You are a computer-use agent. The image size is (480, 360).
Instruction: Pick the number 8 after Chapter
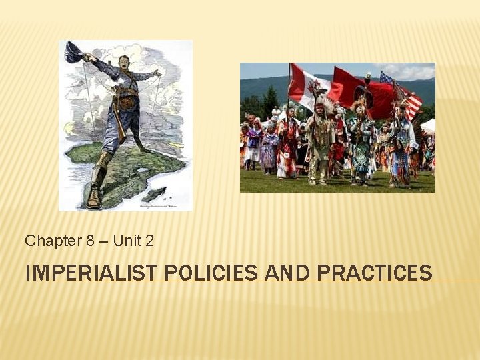[x=90, y=241]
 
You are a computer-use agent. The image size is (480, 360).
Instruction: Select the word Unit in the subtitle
[x=127, y=241]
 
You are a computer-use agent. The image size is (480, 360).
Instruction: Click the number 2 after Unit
[x=149, y=241]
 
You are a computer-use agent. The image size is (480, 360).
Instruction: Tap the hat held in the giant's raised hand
[x=73, y=51]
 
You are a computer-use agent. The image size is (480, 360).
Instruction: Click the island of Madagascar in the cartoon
[x=154, y=193]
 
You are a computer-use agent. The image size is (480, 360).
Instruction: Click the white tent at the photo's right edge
[x=428, y=126]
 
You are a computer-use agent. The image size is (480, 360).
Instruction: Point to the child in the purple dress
[x=269, y=150]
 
